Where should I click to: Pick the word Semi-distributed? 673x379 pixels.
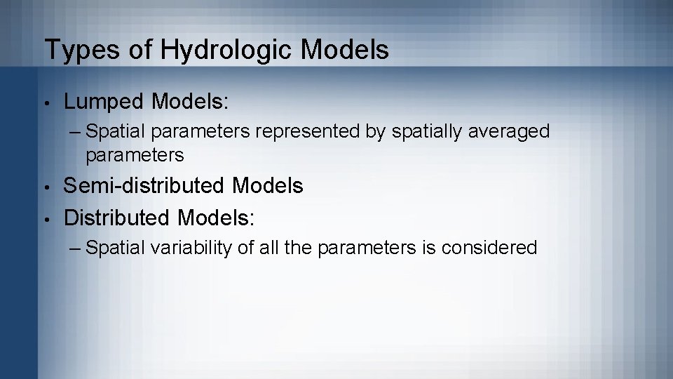(144, 186)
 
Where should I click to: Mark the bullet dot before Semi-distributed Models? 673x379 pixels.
(46, 187)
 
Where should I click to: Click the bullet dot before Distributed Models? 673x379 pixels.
(46, 218)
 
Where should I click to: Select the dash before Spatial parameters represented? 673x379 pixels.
(76, 131)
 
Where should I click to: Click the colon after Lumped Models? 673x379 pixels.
(226, 102)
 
